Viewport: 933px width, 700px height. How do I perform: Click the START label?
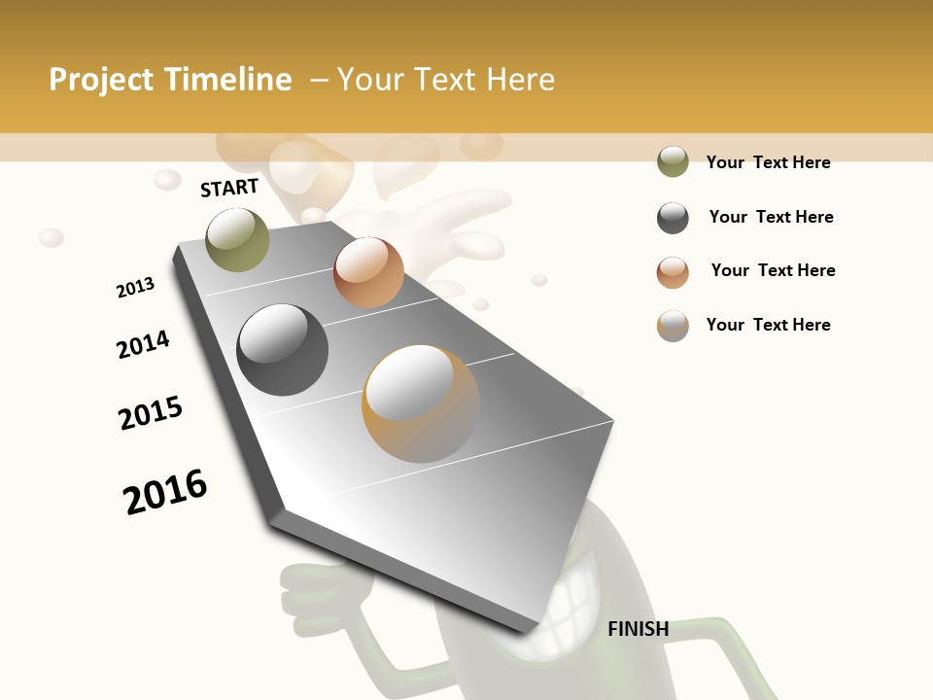point(229,188)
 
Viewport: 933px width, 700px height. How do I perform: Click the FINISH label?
point(638,629)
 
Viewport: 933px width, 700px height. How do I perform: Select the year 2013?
point(135,288)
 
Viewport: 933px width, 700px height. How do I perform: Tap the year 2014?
point(143,344)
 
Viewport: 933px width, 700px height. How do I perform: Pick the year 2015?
point(151,413)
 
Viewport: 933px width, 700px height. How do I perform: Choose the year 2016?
point(165,491)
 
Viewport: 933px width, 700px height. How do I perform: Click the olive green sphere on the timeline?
point(237,239)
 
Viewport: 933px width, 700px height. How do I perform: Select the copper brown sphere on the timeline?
point(368,272)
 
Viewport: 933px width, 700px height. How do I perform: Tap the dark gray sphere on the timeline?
point(282,350)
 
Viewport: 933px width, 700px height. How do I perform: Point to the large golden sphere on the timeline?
point(421,403)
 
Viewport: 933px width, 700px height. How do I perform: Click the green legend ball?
point(673,161)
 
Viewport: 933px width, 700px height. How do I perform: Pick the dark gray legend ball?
point(673,218)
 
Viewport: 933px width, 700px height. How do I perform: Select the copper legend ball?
point(673,272)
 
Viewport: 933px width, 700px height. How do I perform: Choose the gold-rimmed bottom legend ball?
point(673,326)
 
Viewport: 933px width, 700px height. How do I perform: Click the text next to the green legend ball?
point(768,162)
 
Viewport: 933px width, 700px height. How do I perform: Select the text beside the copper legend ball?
point(773,270)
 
